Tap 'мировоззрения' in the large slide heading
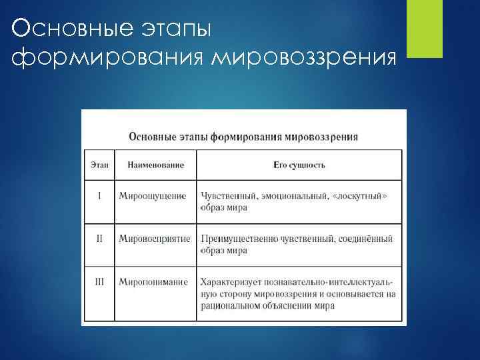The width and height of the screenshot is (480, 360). (x=303, y=57)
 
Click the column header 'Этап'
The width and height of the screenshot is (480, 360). (x=98, y=165)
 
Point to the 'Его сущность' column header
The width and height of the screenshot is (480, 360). (x=299, y=165)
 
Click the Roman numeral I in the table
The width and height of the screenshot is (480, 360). (x=99, y=196)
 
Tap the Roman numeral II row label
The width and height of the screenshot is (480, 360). (x=99, y=239)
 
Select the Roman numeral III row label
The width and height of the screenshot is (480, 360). (x=99, y=282)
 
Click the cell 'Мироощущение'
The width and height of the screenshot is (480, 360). (x=153, y=196)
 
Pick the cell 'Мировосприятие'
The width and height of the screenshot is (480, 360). (x=155, y=239)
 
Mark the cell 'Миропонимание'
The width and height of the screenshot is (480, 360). (x=153, y=282)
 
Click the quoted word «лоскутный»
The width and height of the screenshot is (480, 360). (x=362, y=196)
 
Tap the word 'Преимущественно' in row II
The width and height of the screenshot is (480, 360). (x=234, y=239)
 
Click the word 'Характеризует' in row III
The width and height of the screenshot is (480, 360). (x=228, y=282)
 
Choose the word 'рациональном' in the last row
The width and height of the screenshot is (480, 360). (x=227, y=306)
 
